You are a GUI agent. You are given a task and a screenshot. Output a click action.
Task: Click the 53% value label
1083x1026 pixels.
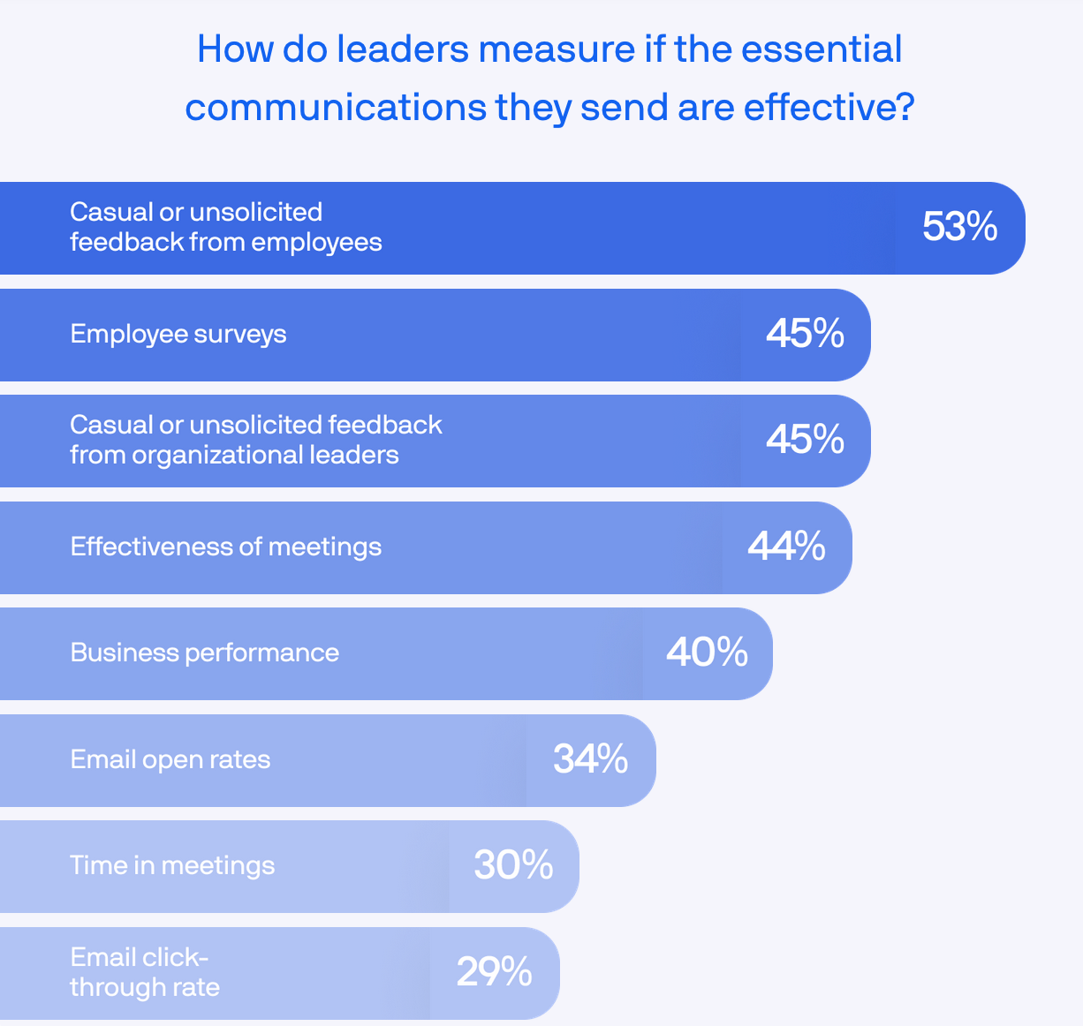pos(959,227)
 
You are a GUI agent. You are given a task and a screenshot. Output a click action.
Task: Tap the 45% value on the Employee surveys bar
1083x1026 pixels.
pos(805,334)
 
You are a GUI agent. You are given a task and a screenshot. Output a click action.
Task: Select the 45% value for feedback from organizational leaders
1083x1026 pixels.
pos(805,440)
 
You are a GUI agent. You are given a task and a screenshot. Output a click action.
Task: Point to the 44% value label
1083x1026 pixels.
pos(786,547)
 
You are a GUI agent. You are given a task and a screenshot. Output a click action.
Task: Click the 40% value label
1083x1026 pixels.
pos(707,653)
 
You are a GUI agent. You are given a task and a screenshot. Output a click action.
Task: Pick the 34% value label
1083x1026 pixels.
pos(590,759)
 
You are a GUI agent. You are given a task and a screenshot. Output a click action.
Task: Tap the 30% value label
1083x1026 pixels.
pos(513,865)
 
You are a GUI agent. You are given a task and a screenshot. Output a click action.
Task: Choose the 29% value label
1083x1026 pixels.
pos(494,972)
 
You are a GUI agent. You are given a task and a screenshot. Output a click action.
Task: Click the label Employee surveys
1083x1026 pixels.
pos(178,335)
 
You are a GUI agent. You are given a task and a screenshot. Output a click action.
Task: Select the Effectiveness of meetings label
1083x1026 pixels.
pos(226,547)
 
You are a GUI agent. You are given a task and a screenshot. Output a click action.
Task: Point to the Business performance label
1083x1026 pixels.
pos(205,653)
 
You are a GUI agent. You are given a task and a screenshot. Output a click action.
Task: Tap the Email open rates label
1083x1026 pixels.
pos(170,759)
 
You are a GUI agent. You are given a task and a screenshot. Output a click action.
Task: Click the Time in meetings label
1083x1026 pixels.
pos(172,865)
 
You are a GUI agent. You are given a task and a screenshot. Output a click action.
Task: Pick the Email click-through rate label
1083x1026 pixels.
pos(145,972)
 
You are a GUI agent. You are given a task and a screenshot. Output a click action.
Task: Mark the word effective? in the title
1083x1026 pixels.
pos(829,108)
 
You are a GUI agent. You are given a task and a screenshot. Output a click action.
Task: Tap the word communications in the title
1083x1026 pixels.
pos(336,108)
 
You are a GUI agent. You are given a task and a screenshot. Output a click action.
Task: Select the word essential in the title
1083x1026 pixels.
pos(822,49)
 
